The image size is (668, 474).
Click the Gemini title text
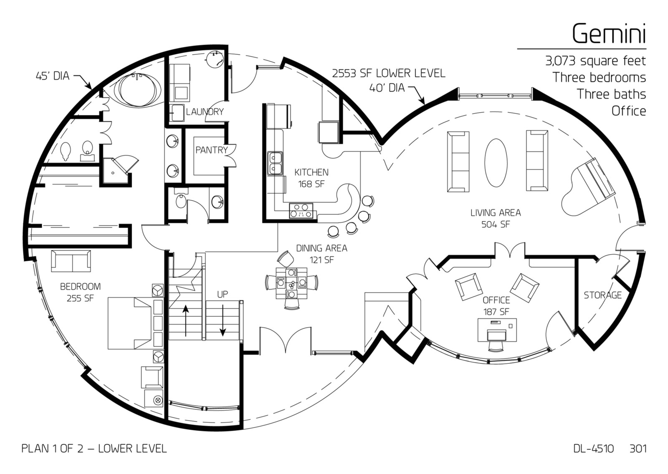(x=609, y=33)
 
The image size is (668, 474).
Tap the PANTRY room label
(x=211, y=150)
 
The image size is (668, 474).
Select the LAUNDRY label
(x=205, y=112)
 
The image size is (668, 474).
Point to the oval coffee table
(x=496, y=163)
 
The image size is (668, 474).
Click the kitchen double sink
(x=275, y=164)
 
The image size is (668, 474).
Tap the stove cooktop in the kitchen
(x=301, y=210)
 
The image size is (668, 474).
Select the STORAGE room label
(x=603, y=295)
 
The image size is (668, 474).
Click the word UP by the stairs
(x=223, y=295)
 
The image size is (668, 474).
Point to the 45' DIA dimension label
(x=53, y=76)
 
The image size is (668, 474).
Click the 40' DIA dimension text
(x=387, y=88)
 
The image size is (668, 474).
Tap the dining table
(x=291, y=283)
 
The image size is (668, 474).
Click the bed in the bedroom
(x=135, y=323)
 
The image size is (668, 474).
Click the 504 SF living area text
(x=496, y=224)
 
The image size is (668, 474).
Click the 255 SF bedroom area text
(x=80, y=298)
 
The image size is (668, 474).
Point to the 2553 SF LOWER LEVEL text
(x=389, y=73)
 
